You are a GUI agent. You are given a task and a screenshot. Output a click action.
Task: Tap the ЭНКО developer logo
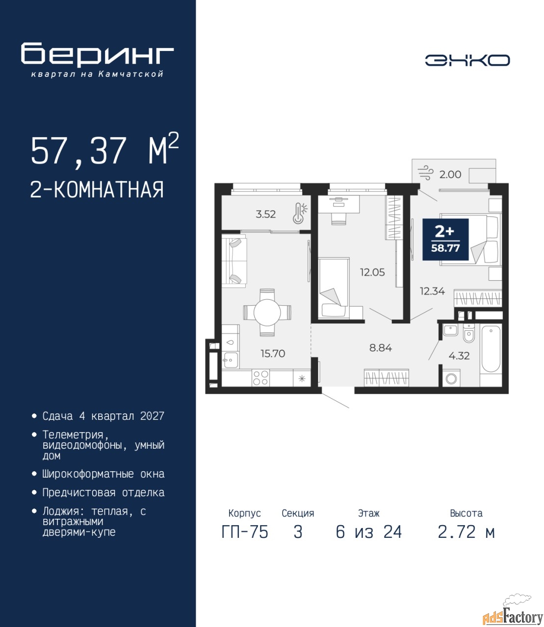coord(467,60)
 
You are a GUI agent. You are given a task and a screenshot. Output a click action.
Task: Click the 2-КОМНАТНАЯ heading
coord(97,190)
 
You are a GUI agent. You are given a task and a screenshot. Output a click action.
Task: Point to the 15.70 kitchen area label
coord(273,353)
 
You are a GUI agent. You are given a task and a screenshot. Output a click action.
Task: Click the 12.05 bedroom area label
coord(372,272)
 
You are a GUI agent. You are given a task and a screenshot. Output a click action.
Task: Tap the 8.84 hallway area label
coord(381,348)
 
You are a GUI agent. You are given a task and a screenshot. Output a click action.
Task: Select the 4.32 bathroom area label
coord(459,356)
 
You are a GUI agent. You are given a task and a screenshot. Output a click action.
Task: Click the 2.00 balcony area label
coord(450,174)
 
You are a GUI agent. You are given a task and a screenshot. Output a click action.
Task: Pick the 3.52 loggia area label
coord(266,215)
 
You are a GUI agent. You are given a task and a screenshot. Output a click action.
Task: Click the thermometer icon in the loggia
coord(299,214)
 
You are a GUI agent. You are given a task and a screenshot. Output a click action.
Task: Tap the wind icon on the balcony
coord(424,173)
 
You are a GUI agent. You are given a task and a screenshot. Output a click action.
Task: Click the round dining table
coord(267,312)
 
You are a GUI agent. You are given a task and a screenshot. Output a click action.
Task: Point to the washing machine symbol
coord(451,378)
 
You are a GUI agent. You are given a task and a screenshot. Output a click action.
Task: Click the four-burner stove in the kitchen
coord(260,378)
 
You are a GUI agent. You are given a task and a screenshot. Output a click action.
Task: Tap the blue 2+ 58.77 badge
coord(445,240)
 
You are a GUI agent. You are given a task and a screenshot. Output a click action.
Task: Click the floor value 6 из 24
coord(369,540)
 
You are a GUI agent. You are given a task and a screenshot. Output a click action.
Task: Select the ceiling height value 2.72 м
coord(466,540)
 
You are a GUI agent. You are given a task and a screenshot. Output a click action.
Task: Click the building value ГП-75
coord(244,540)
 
